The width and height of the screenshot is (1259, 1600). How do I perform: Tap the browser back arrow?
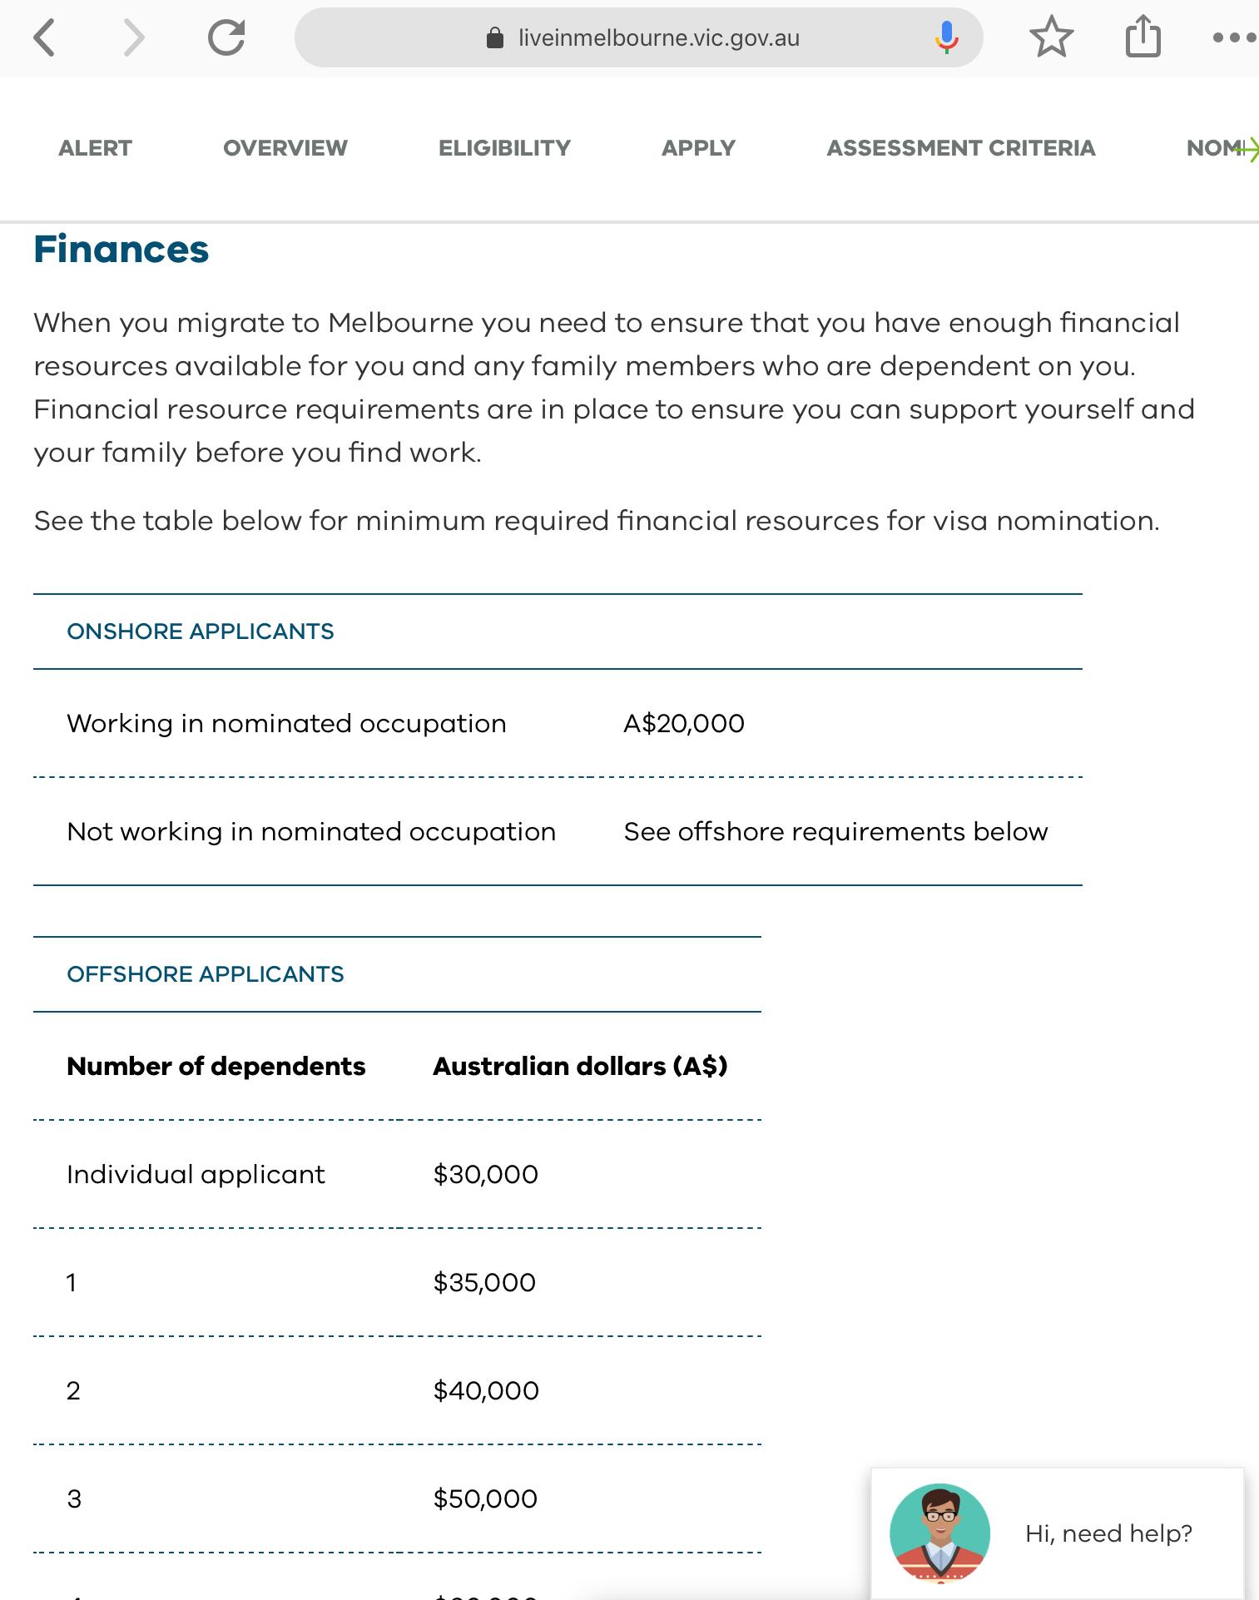tap(45, 38)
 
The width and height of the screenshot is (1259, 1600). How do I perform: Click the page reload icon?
tap(226, 38)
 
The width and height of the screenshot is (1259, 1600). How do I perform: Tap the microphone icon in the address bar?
tap(946, 37)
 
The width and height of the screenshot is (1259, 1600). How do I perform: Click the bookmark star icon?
tap(1051, 37)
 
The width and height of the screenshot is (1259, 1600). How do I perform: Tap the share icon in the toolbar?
tap(1143, 37)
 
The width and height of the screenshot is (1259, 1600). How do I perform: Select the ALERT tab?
tap(95, 148)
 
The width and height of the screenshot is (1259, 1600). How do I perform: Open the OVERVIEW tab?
tap(285, 148)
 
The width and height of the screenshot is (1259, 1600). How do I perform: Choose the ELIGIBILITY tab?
tap(504, 148)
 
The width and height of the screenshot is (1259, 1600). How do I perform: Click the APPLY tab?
tap(698, 148)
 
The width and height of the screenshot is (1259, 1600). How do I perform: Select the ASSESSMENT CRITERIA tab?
tap(960, 148)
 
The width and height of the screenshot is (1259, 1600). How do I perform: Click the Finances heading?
tap(121, 250)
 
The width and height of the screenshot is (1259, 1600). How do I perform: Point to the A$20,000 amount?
tap(684, 723)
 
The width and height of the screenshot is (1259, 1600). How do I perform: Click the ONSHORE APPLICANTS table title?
tap(201, 632)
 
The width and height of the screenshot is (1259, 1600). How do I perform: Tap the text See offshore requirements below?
tap(835, 831)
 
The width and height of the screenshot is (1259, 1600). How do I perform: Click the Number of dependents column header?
tap(216, 1066)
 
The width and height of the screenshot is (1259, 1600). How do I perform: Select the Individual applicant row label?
tap(196, 1174)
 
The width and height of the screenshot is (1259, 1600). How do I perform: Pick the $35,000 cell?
tap(484, 1282)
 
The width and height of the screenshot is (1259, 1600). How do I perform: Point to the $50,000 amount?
tap(485, 1498)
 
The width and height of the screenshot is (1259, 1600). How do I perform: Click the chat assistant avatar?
tap(939, 1533)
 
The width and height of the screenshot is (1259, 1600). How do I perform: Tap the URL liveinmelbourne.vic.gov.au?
tap(658, 38)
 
